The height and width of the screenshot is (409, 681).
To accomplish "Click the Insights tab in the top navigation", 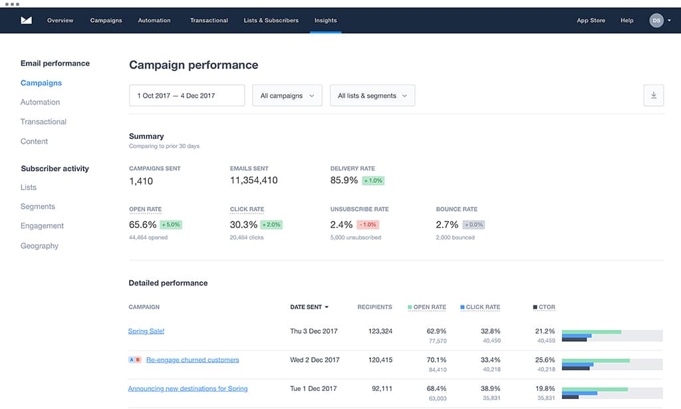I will [x=325, y=21].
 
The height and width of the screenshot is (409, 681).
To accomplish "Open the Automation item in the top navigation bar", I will [x=154, y=21].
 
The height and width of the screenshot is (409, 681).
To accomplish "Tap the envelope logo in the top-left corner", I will [x=27, y=21].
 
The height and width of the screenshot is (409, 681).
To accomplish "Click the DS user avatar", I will [x=656, y=21].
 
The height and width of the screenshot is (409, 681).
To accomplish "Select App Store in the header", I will [x=591, y=21].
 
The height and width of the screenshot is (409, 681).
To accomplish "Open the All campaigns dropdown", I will [x=287, y=96].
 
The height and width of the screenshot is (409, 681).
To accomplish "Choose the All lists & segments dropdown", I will [x=372, y=96].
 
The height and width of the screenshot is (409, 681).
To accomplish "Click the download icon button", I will [x=653, y=96].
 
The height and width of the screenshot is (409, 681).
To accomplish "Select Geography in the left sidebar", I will [x=39, y=246].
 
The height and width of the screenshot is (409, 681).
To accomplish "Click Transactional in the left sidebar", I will [x=43, y=122].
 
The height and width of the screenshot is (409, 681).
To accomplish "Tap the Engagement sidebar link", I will [x=42, y=226].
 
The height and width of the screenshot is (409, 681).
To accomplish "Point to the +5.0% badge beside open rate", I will [x=171, y=225].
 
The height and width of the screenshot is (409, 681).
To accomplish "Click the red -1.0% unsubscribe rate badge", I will [x=368, y=225].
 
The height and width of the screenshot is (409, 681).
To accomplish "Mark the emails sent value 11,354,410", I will [x=253, y=180].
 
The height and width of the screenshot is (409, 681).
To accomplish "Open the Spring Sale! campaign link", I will [x=146, y=331].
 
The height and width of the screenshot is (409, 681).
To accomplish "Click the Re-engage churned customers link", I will [x=192, y=360].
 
